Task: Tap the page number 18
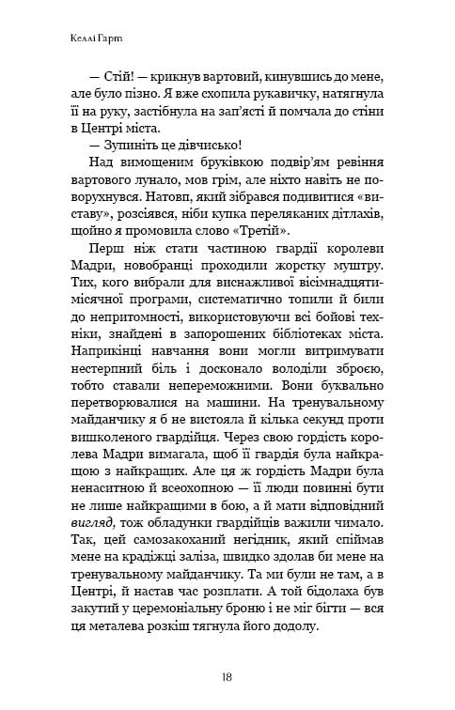pos(227,676)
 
